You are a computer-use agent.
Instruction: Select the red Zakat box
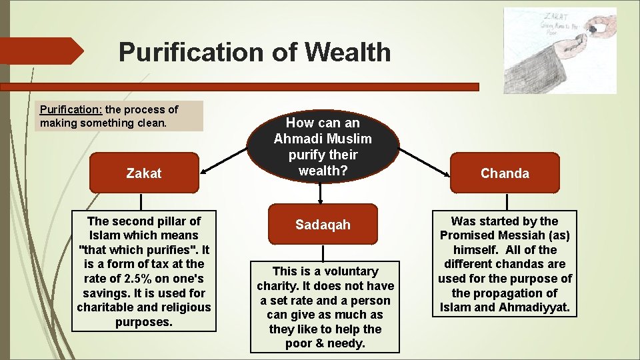pos(144,173)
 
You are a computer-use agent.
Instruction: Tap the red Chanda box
pos(505,173)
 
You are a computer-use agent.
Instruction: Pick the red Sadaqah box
pos(323,225)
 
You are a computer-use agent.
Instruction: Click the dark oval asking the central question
pos(323,147)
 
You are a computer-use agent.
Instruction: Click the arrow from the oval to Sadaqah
pos(321,193)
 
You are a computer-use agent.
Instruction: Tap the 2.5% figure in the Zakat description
pos(144,279)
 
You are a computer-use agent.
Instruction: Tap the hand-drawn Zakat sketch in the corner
pos(560,50)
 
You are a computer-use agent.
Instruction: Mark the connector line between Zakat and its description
pos(141,203)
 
